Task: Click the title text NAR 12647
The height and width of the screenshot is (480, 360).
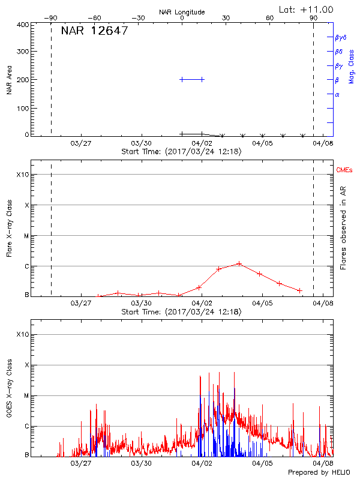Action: (94, 31)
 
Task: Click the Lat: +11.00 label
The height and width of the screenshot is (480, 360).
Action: (307, 9)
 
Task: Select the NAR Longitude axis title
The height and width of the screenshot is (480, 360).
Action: (182, 12)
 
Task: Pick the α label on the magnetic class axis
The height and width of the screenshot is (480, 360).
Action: (337, 94)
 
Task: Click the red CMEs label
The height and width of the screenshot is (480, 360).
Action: (344, 171)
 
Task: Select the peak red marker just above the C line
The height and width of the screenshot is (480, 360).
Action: (239, 263)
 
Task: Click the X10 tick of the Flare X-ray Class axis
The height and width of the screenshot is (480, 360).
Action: (22, 175)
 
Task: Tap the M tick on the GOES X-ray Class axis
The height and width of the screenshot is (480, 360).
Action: (27, 396)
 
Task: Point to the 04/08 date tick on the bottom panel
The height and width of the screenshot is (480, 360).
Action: (323, 464)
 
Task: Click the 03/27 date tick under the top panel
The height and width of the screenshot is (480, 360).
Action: (81, 143)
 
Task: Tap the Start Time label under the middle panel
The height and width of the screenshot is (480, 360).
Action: (181, 312)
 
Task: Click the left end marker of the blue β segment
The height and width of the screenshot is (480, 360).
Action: (182, 79)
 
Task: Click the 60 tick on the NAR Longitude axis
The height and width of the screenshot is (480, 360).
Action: (270, 18)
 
